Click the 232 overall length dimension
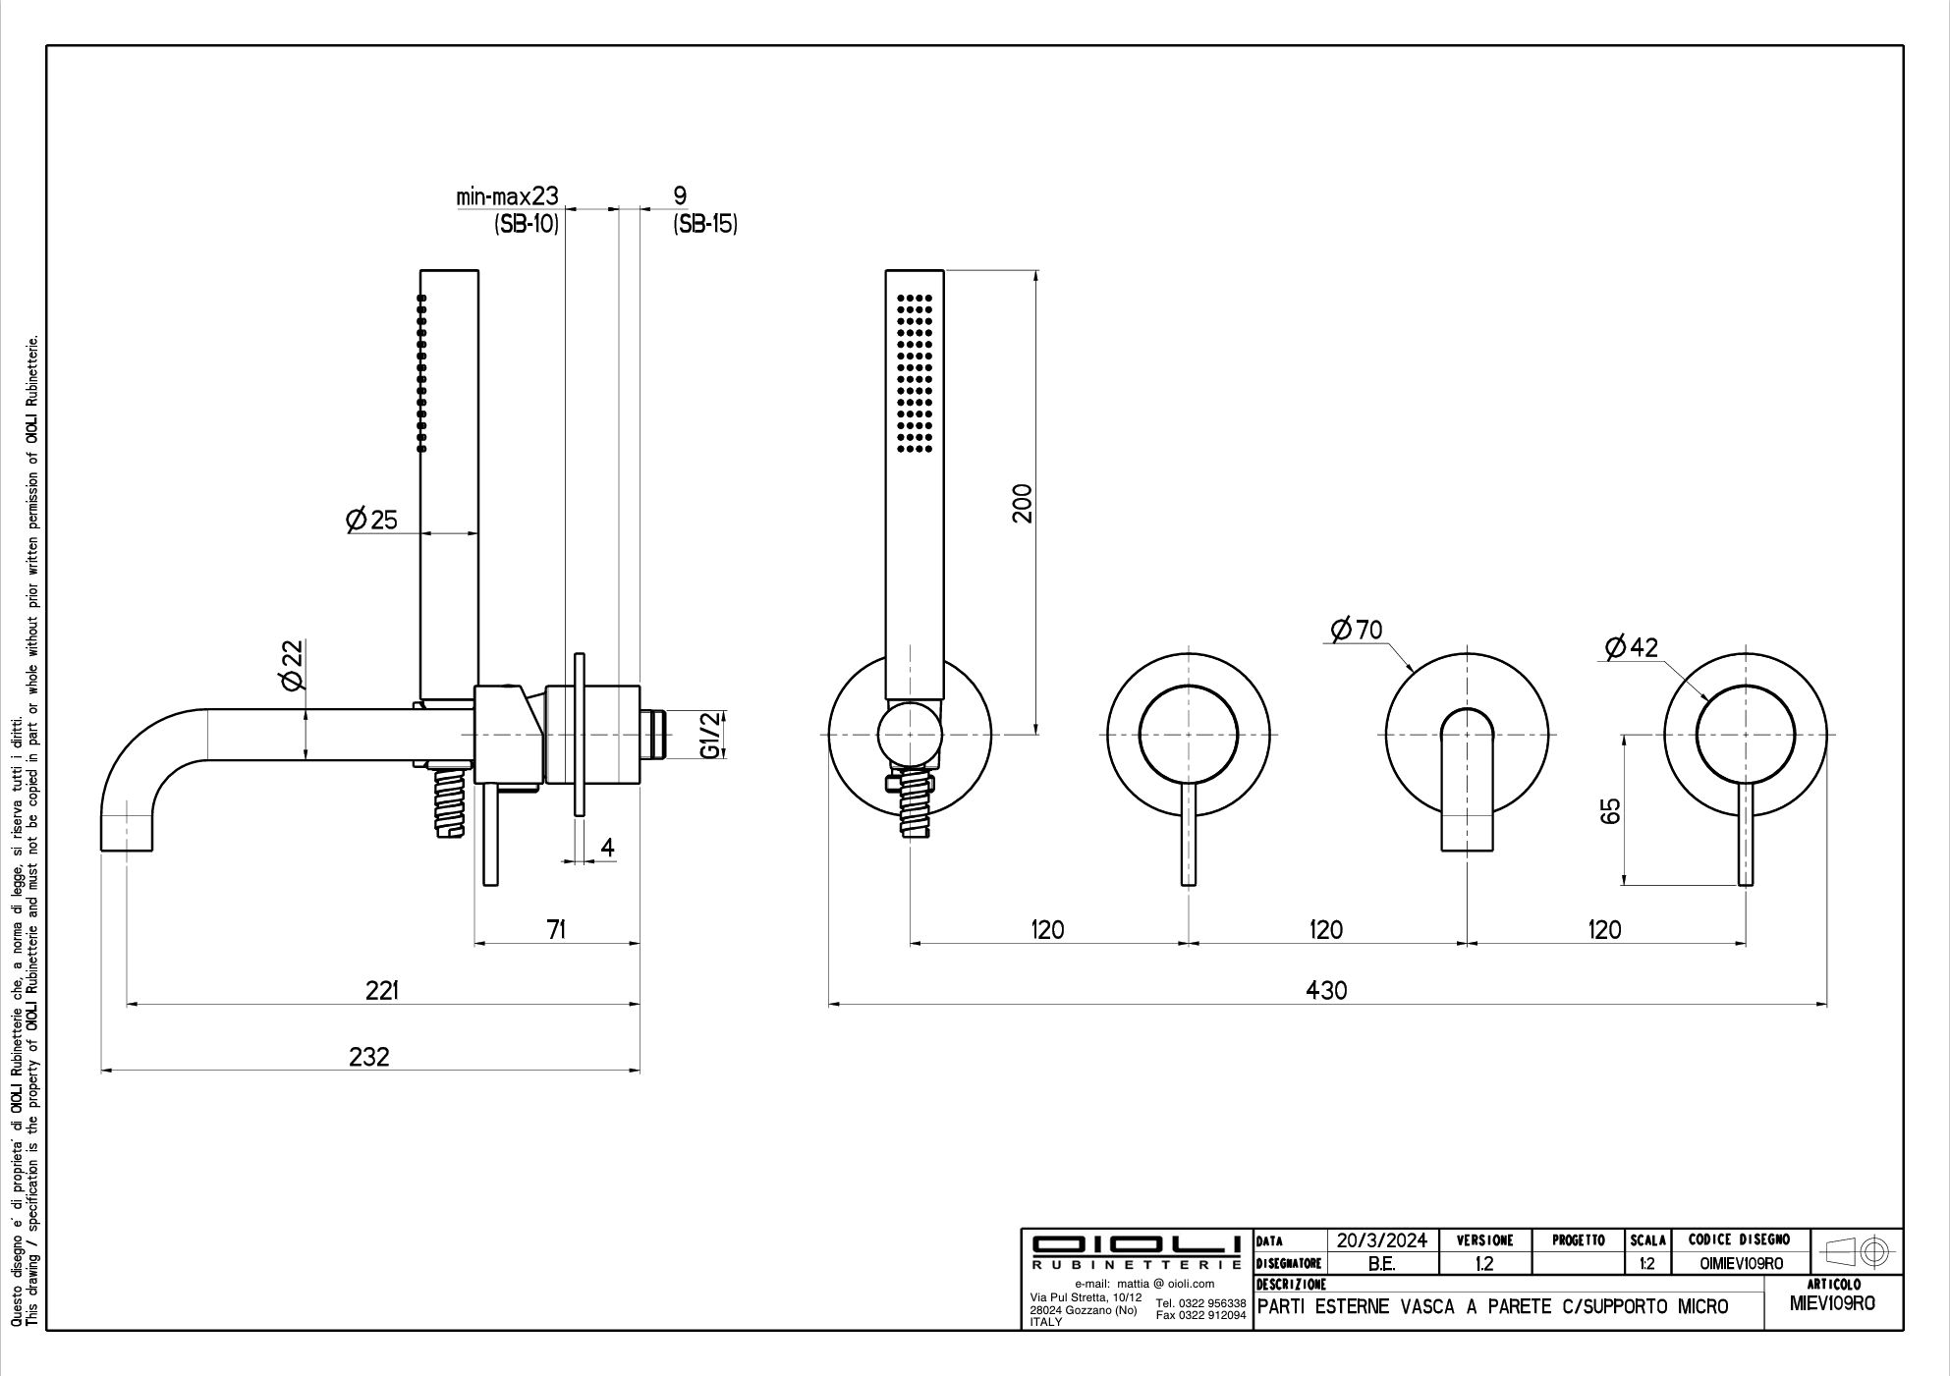pos(369,1057)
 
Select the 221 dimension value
pos(382,991)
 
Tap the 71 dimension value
pos(556,929)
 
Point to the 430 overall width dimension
pos(1326,991)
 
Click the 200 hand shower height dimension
pos(1023,503)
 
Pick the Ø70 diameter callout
pos(1357,630)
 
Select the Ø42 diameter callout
pos(1631,647)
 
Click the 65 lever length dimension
pos(1610,811)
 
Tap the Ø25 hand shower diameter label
pos(372,520)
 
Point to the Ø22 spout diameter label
pos(292,665)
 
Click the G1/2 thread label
pos(711,736)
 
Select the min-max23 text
pos(507,196)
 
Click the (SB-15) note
pos(705,224)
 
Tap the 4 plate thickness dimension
pos(608,847)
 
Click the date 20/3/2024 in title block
pos(1382,1240)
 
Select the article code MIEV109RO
pos(1832,1304)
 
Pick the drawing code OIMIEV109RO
pos(1741,1264)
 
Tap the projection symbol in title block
pos(1856,1252)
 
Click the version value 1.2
pos(1483,1264)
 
